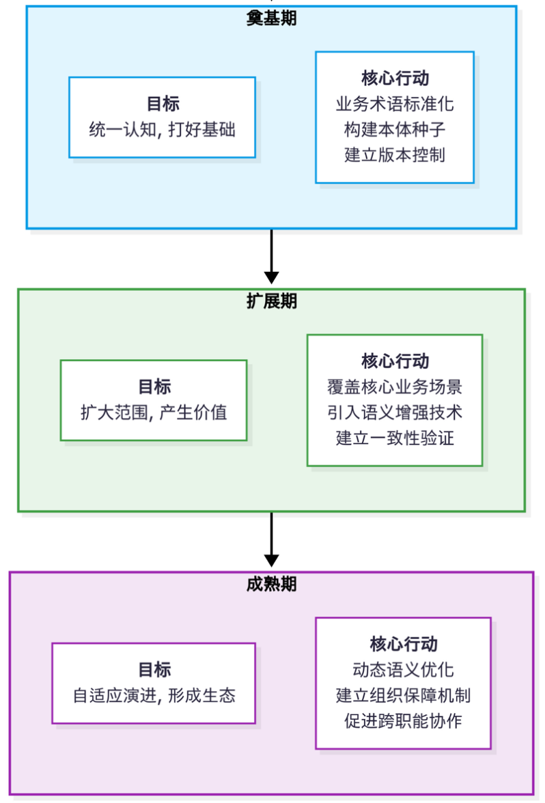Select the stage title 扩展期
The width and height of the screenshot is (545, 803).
pos(271,301)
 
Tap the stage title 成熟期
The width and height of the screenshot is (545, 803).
pos(271,584)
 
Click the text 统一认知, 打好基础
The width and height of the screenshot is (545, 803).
pos(162,129)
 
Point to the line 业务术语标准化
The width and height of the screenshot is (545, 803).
pos(395,104)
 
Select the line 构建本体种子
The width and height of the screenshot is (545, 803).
pos(395,130)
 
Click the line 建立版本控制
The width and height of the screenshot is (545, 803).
pos(395,155)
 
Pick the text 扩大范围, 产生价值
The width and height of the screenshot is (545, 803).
pos(154,412)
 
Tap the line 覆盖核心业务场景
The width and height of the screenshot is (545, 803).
pos(395,387)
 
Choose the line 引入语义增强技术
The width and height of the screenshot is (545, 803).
pos(395,412)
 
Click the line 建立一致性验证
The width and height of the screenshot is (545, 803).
pos(395,438)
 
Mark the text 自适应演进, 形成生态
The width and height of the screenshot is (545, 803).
pos(154,695)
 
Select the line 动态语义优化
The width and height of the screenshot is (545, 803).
pos(403,670)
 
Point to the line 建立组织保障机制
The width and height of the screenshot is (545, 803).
pos(403,695)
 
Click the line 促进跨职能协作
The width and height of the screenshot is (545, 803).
pos(403,720)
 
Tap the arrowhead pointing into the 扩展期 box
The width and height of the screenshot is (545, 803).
pos(271,277)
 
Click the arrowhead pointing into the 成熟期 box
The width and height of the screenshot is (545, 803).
pos(271,560)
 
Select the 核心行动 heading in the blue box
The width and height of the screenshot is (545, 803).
pos(395,79)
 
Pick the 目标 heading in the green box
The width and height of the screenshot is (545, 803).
pos(154,387)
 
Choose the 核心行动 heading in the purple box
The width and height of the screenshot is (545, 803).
pos(403,644)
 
